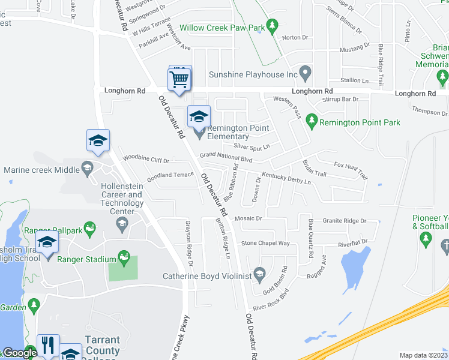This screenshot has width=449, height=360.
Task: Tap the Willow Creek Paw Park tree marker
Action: click(273, 26)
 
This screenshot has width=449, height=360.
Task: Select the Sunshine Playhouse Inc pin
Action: click(305, 74)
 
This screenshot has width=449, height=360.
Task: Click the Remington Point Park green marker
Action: click(311, 122)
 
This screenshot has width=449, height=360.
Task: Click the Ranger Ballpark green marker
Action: click(90, 227)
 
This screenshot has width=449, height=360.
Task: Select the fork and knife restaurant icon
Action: click(48, 346)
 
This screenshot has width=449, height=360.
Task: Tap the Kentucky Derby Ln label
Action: click(286, 178)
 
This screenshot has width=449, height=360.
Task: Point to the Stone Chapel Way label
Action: click(265, 244)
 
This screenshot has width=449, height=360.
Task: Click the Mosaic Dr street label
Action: click(249, 219)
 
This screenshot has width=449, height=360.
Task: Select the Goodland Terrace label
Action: click(170, 175)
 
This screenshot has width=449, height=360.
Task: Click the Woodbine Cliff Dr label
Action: click(146, 159)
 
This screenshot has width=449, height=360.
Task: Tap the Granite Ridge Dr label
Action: click(345, 221)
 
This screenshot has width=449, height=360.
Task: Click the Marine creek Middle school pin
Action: click(88, 169)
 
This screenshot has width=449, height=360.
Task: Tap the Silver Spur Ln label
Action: click(252, 146)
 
